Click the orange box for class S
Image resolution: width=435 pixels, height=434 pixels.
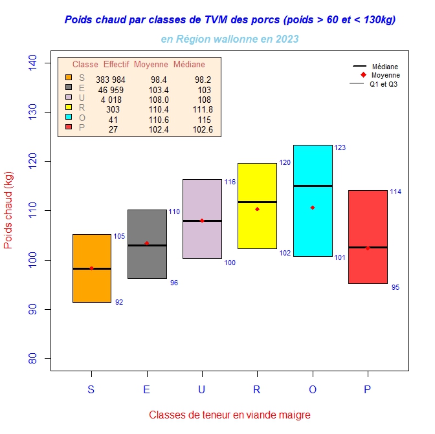91,285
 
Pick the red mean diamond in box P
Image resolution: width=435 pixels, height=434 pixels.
368,248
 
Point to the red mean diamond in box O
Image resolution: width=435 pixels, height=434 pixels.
313,208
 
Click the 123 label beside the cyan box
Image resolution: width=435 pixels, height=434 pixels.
340,148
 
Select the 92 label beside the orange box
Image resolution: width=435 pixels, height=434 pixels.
119,302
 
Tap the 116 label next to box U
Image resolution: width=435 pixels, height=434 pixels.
230,182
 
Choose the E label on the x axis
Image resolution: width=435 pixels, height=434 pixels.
147,389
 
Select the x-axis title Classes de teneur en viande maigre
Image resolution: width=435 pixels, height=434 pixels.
230,415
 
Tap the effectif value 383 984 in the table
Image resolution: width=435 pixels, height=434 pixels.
111,80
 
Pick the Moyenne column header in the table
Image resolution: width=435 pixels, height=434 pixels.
151,65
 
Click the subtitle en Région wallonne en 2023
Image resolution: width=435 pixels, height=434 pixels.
230,39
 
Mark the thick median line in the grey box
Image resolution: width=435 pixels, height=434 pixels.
147,245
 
